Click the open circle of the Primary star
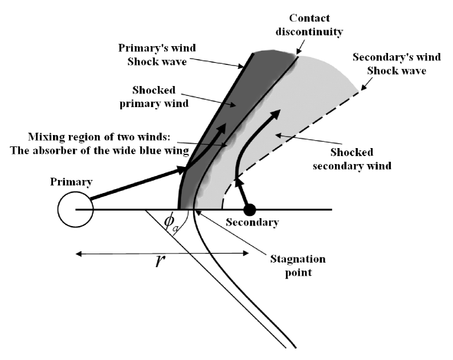74,209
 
